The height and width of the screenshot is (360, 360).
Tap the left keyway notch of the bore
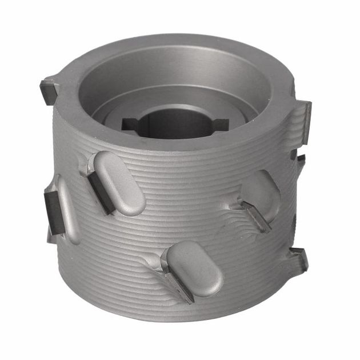point(131,124)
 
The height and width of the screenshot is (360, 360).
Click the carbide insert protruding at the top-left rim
point(48,91)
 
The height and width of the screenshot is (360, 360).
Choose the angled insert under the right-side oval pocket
point(255,215)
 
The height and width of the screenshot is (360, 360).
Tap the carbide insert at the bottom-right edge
point(299,259)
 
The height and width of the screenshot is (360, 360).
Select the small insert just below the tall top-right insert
point(299,158)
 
